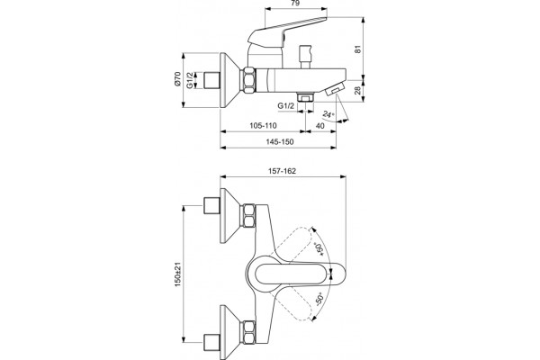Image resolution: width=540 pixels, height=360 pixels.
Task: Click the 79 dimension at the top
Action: point(295,4)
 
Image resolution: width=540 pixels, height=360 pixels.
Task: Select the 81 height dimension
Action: point(358,49)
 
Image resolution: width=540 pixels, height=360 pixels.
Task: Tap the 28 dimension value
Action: point(358,91)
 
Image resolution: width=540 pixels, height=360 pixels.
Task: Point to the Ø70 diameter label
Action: point(177,79)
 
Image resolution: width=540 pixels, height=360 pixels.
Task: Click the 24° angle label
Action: point(328,114)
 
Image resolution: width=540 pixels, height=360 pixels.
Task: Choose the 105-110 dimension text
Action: point(263,126)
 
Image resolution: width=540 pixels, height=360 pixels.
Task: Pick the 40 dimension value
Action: point(319,126)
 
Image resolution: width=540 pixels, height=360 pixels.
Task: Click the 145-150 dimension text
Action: point(280,142)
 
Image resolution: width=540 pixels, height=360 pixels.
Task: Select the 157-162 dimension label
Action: point(282,171)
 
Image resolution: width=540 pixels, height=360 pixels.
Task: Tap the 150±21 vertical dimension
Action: point(177,274)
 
